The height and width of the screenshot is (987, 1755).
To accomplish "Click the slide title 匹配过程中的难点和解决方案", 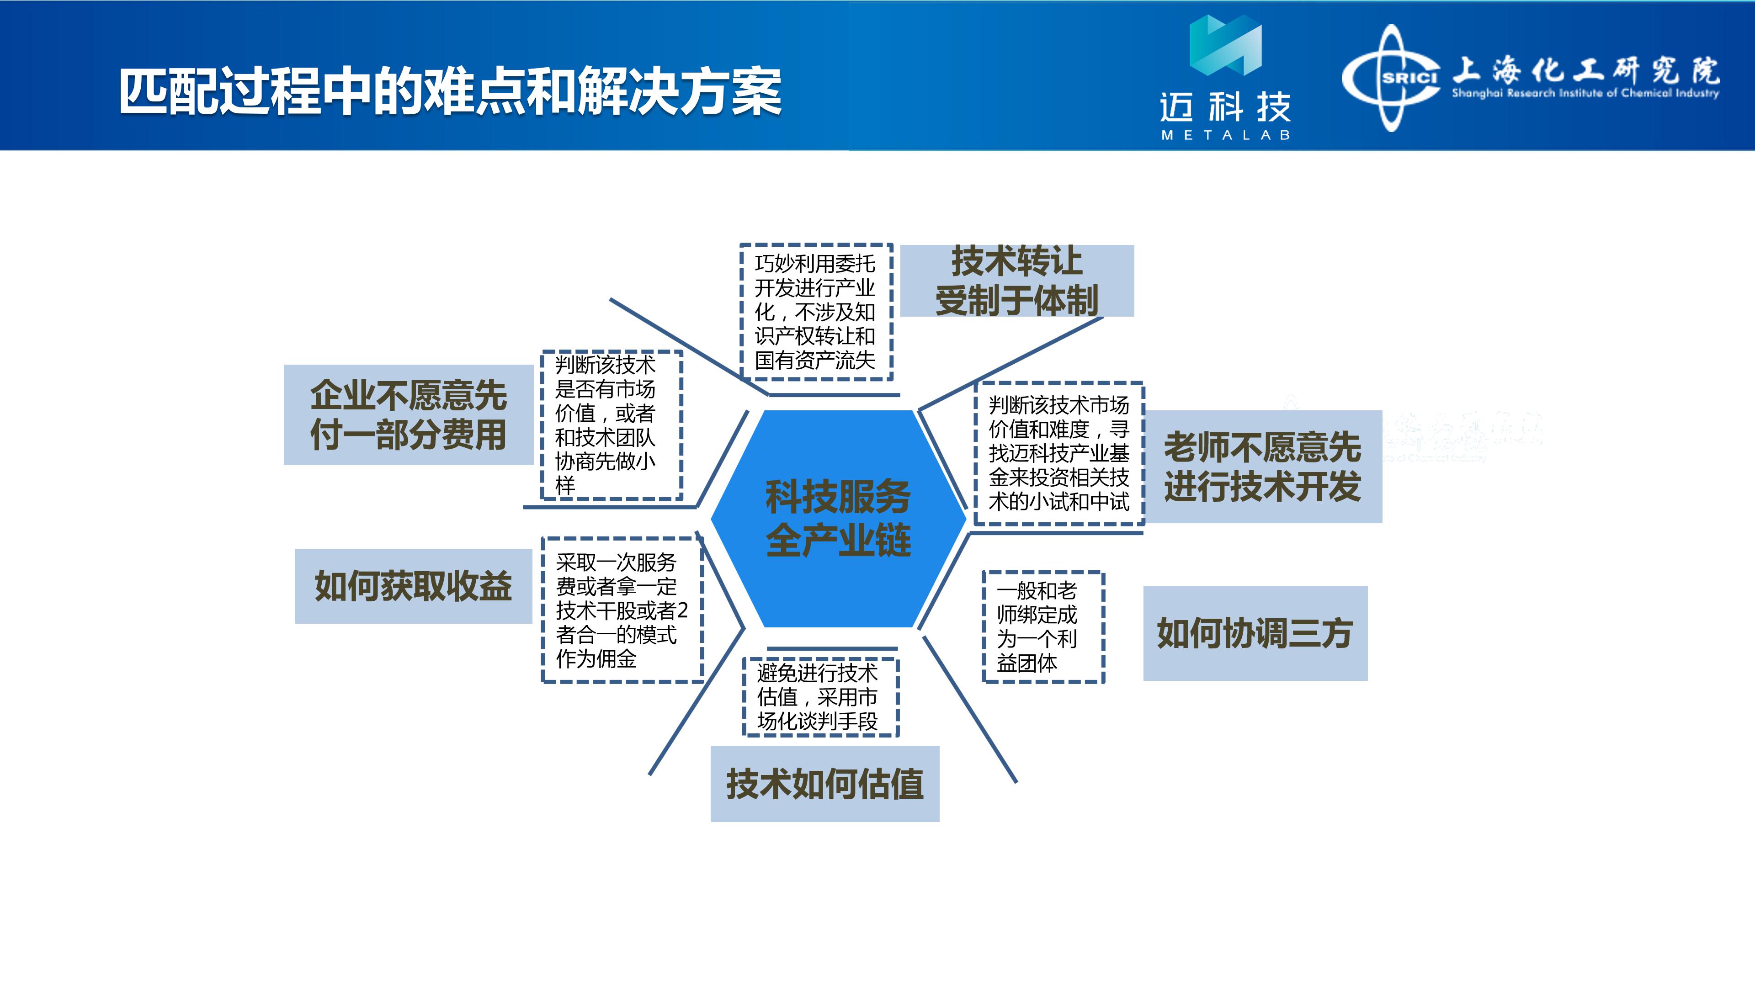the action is tap(450, 92).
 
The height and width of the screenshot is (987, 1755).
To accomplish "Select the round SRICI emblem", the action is tap(1392, 78).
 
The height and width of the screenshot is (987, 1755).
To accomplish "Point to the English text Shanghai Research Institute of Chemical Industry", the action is tap(1585, 93).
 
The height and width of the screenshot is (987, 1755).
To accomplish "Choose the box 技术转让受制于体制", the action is tap(1017, 281).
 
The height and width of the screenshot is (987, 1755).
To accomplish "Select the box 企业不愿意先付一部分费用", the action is tap(408, 415).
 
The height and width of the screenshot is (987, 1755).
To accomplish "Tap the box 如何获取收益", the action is tap(413, 586).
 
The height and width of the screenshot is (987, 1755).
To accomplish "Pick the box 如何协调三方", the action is tap(1255, 633).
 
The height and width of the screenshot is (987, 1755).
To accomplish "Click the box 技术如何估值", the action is tap(824, 783).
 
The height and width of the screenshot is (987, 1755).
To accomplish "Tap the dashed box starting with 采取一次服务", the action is tap(622, 610).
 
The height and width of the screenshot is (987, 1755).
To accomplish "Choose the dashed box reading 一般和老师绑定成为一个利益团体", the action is tap(1043, 626).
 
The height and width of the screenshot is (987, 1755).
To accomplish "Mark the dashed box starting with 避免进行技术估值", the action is tap(820, 697).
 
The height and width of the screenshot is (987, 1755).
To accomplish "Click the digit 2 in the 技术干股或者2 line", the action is tap(683, 610).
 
